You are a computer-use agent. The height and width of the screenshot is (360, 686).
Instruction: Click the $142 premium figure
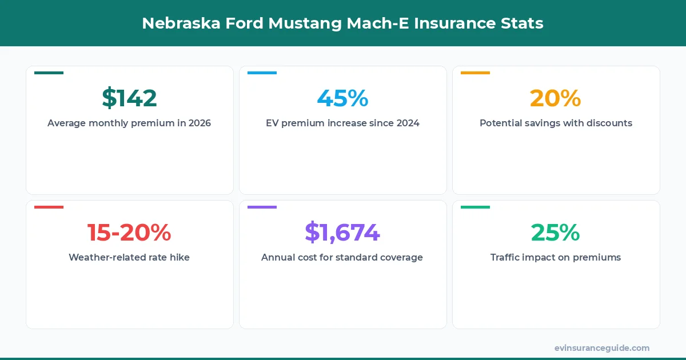[129, 98]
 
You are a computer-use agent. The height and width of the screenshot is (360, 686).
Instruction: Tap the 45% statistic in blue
[342, 98]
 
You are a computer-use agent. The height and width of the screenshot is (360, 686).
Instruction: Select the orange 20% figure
[555, 98]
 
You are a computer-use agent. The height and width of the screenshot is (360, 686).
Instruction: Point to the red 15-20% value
[129, 233]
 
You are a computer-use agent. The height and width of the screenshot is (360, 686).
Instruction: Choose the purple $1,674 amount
[342, 233]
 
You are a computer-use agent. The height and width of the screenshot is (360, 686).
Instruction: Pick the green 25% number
[555, 233]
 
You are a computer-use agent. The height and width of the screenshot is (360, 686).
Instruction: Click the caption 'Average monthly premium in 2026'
[129, 123]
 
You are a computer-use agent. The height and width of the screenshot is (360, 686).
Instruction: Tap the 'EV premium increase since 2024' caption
[342, 123]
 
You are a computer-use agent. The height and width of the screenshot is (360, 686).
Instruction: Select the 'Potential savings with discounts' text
[556, 123]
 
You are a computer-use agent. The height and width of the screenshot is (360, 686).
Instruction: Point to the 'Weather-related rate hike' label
[129, 257]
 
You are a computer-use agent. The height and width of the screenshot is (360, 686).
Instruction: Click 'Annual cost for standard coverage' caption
[342, 257]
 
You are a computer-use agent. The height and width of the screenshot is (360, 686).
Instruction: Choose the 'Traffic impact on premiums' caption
[556, 257]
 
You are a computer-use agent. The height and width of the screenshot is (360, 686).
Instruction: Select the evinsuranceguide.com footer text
[602, 348]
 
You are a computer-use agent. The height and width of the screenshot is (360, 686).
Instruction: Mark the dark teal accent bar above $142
[49, 73]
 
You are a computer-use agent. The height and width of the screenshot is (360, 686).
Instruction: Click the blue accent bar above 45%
[262, 73]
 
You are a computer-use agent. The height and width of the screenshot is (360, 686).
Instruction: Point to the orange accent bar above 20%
[475, 73]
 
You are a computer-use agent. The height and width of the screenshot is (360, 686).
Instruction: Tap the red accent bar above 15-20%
[49, 207]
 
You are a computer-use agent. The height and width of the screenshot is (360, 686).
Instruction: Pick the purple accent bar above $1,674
[262, 207]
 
